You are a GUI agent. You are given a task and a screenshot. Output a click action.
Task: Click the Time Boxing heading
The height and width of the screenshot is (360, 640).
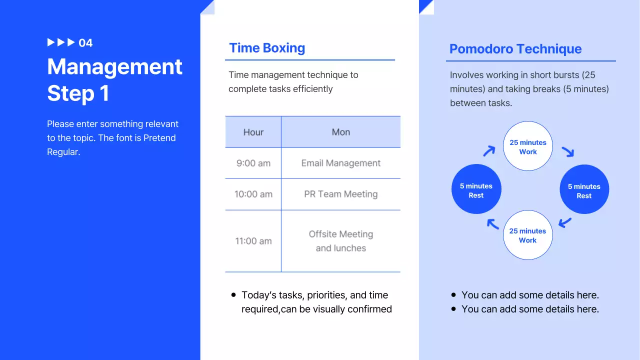pos(267,48)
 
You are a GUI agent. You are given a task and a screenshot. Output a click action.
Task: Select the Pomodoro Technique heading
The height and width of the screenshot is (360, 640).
pos(515,49)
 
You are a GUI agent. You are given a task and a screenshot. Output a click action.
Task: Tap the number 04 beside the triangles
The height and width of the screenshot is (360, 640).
pos(85,43)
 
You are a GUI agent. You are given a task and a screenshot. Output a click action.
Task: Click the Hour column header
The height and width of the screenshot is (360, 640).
pos(253,132)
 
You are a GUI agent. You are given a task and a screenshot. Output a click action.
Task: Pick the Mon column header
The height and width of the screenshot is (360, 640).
pos(341,132)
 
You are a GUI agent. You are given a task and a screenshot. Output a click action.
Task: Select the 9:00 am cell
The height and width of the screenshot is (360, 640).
pos(253,163)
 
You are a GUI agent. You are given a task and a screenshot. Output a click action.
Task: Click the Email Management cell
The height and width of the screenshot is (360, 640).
pos(341,163)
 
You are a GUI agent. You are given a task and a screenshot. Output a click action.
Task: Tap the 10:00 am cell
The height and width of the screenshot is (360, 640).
pos(253,194)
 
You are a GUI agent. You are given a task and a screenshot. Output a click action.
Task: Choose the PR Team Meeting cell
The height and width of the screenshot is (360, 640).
pos(341,194)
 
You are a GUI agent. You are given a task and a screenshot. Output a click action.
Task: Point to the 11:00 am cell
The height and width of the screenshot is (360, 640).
pos(253,241)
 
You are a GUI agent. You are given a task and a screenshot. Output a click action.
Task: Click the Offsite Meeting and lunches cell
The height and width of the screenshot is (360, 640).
pos(341,241)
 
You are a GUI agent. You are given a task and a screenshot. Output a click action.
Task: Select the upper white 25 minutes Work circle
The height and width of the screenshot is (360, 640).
pos(527,146)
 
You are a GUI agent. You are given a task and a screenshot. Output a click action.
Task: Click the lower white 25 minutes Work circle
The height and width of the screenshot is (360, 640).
pos(527,235)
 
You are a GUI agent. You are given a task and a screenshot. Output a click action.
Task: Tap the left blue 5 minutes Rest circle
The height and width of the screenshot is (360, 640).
pos(476,189)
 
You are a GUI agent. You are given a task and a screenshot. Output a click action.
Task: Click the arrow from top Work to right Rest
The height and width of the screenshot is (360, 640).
pos(567,151)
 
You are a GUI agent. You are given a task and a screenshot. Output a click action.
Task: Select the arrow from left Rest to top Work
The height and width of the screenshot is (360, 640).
pos(489,150)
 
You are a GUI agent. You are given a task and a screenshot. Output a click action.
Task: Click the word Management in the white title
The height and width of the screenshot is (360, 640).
pos(114,67)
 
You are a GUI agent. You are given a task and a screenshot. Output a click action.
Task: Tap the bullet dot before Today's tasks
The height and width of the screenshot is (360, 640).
pos(233,295)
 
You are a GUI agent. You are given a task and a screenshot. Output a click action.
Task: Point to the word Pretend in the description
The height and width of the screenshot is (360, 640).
pos(159,138)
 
